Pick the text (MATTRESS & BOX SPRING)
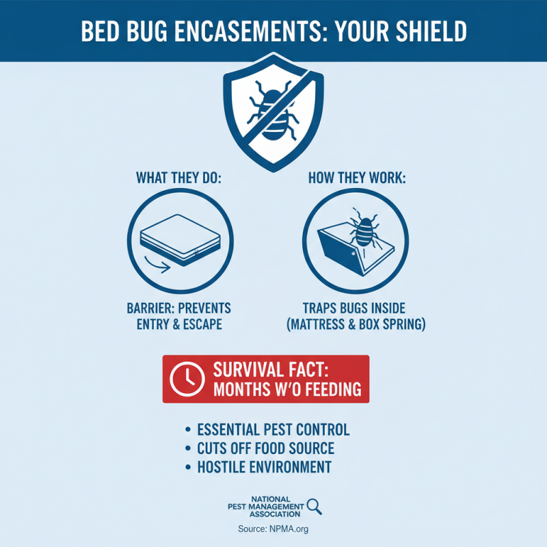coord(356,324)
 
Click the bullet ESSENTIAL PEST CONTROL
coord(273,429)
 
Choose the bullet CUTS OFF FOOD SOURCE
coord(265,449)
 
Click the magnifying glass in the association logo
coord(314,506)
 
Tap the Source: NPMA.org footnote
coord(273,529)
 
